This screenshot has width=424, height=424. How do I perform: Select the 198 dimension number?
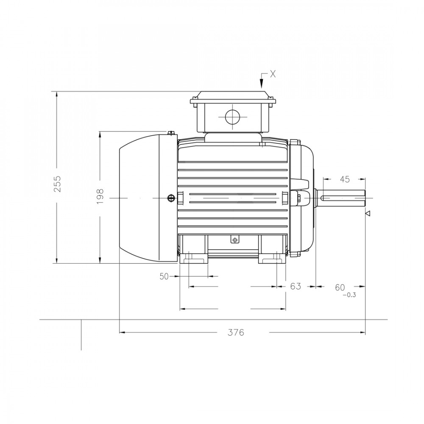pos(100,197)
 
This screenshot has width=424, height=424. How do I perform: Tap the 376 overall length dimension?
pos(236,332)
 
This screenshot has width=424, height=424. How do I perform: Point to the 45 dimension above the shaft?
pos(345,179)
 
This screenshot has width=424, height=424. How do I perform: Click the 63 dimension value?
pos(295,287)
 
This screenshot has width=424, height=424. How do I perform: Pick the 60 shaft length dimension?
pos(340,287)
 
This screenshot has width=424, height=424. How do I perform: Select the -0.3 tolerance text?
pos(349,295)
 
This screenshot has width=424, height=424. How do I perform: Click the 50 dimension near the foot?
pos(164,276)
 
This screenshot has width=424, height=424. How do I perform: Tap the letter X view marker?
pos(273,74)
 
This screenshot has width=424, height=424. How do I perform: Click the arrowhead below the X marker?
pos(262,86)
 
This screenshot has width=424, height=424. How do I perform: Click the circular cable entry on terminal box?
pos(232,116)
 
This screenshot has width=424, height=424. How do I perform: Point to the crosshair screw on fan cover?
pos(171,198)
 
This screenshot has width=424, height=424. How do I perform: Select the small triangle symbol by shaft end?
pos(368,213)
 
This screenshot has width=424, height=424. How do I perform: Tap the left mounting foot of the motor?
pos(195,257)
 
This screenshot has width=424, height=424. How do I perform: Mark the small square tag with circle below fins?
pos(234,240)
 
